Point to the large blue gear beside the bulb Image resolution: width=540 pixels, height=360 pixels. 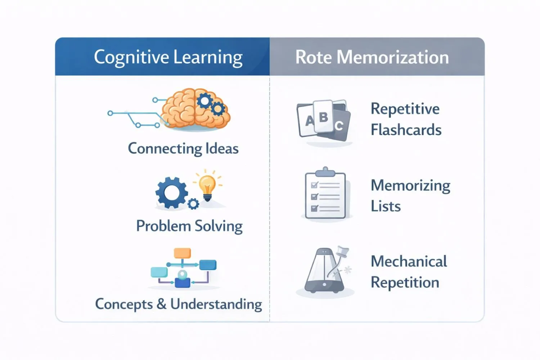[x=171, y=193]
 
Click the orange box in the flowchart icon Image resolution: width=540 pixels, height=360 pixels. [x=182, y=253]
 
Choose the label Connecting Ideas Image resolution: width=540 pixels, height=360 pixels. [x=183, y=149]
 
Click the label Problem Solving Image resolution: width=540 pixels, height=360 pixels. [x=189, y=226]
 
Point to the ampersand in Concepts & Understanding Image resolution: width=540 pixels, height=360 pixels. [x=161, y=304]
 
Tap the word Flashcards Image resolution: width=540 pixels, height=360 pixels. [x=406, y=130]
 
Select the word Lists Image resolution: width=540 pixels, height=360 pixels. [x=386, y=206]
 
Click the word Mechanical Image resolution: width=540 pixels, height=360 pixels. [x=409, y=261]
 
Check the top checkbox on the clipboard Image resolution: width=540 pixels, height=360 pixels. [x=314, y=185]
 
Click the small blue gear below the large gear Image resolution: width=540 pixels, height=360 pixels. [x=193, y=204]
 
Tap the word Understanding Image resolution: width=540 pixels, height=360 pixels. [x=216, y=305]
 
